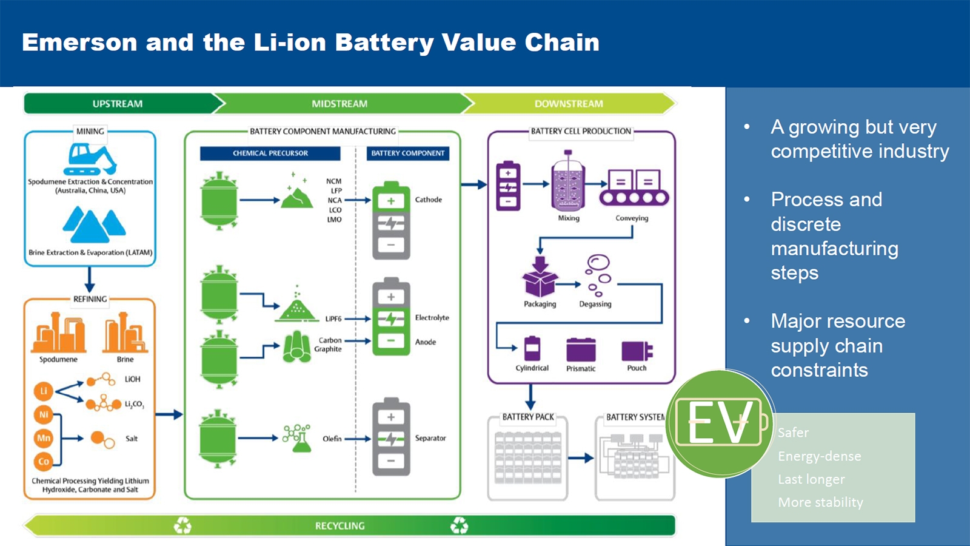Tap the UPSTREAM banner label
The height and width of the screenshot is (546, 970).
point(118,104)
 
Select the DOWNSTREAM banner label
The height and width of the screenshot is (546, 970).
point(569,104)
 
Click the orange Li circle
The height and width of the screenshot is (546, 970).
point(44,391)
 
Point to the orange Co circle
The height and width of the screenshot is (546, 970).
point(44,462)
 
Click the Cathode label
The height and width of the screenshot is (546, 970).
point(428,200)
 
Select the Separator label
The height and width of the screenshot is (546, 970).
point(430,438)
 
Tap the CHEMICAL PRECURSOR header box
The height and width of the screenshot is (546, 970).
point(270,153)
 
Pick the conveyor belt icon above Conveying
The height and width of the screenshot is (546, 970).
point(634,188)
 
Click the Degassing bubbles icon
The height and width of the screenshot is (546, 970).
point(598,275)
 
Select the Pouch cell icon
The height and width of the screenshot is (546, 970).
point(637,351)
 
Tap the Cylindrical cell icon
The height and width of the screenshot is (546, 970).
point(532,348)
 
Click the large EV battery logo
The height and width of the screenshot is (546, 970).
point(720,423)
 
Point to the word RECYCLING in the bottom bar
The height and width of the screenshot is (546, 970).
point(339,526)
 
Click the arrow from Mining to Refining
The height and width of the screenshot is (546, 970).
point(90,280)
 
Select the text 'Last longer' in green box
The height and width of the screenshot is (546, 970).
point(811,479)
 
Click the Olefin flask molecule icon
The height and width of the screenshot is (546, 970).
point(297,438)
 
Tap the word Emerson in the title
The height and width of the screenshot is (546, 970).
point(79,42)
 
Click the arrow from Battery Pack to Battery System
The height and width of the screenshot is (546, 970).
point(581,458)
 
